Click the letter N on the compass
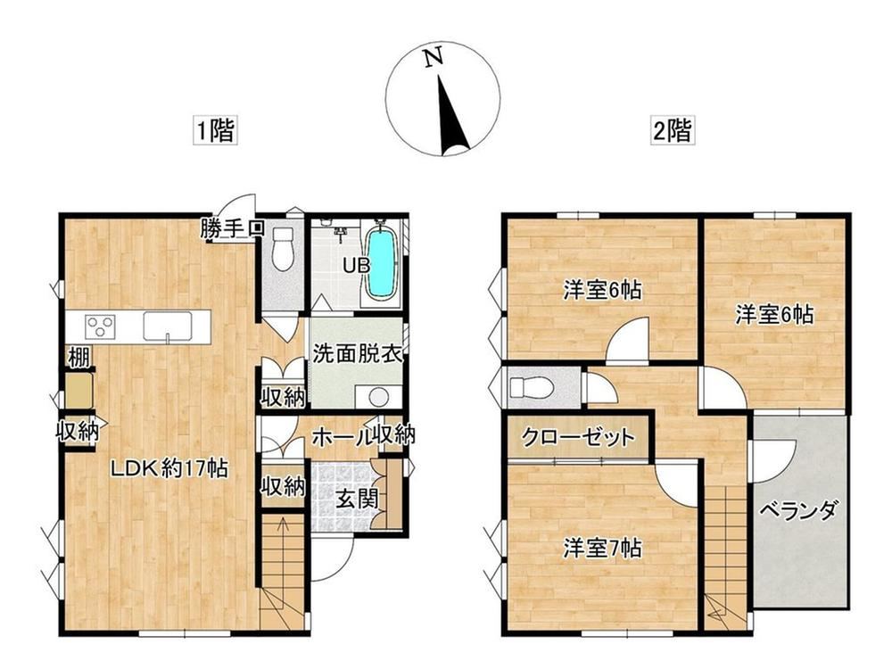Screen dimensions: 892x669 (x=434, y=57)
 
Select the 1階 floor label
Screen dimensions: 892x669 (x=215, y=131)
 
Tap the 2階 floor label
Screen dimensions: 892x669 (x=673, y=131)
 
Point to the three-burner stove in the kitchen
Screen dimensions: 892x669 (x=100, y=326)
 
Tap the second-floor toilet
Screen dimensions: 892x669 (x=532, y=388)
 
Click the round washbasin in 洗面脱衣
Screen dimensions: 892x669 (x=377, y=397)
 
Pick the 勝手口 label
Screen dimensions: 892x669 (x=232, y=228)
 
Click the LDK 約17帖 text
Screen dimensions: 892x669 (x=169, y=469)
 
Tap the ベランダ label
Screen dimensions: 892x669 (x=798, y=509)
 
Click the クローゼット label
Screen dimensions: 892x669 (x=577, y=437)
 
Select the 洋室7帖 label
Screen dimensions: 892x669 (x=602, y=548)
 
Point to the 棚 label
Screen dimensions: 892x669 (x=78, y=358)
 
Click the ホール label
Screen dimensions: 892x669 (x=342, y=437)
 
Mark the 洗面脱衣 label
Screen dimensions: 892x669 (x=358, y=354)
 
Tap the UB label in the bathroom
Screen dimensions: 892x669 (x=356, y=265)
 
